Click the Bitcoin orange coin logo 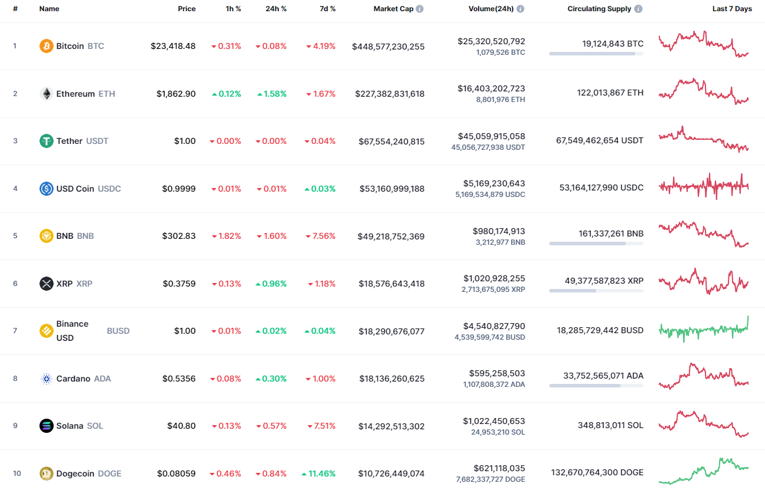[x=46, y=46]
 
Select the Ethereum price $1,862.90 [x=176, y=94]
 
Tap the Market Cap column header [x=393, y=9]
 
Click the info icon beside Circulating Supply [x=639, y=9]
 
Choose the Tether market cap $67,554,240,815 [x=391, y=142]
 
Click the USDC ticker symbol [x=109, y=189]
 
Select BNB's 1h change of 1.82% [x=226, y=236]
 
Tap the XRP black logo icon [x=46, y=284]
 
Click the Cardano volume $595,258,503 [x=497, y=373]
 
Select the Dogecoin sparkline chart [x=704, y=470]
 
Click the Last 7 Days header [x=732, y=9]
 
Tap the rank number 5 [x=15, y=236]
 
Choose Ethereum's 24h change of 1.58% [x=272, y=94]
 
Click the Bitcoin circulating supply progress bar [x=596, y=54]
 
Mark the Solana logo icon [x=46, y=426]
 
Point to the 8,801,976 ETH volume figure [x=500, y=100]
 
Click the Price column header [x=187, y=9]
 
